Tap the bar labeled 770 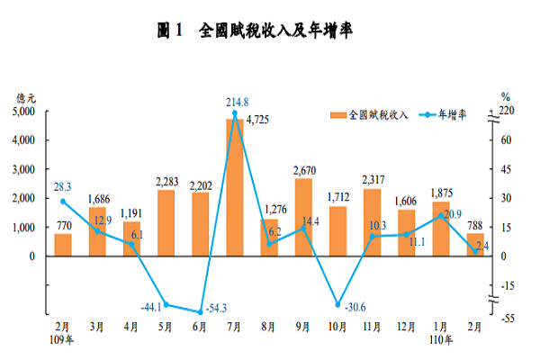point(62,245)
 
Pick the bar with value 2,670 point(303,217)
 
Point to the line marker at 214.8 point(234,113)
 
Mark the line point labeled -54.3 point(199,311)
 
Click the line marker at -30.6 point(338,305)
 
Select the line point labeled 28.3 point(62,201)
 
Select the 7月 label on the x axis point(234,326)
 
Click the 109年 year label point(63,339)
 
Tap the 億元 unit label point(25,97)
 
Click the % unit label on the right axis point(506,97)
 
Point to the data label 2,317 point(372,180)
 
